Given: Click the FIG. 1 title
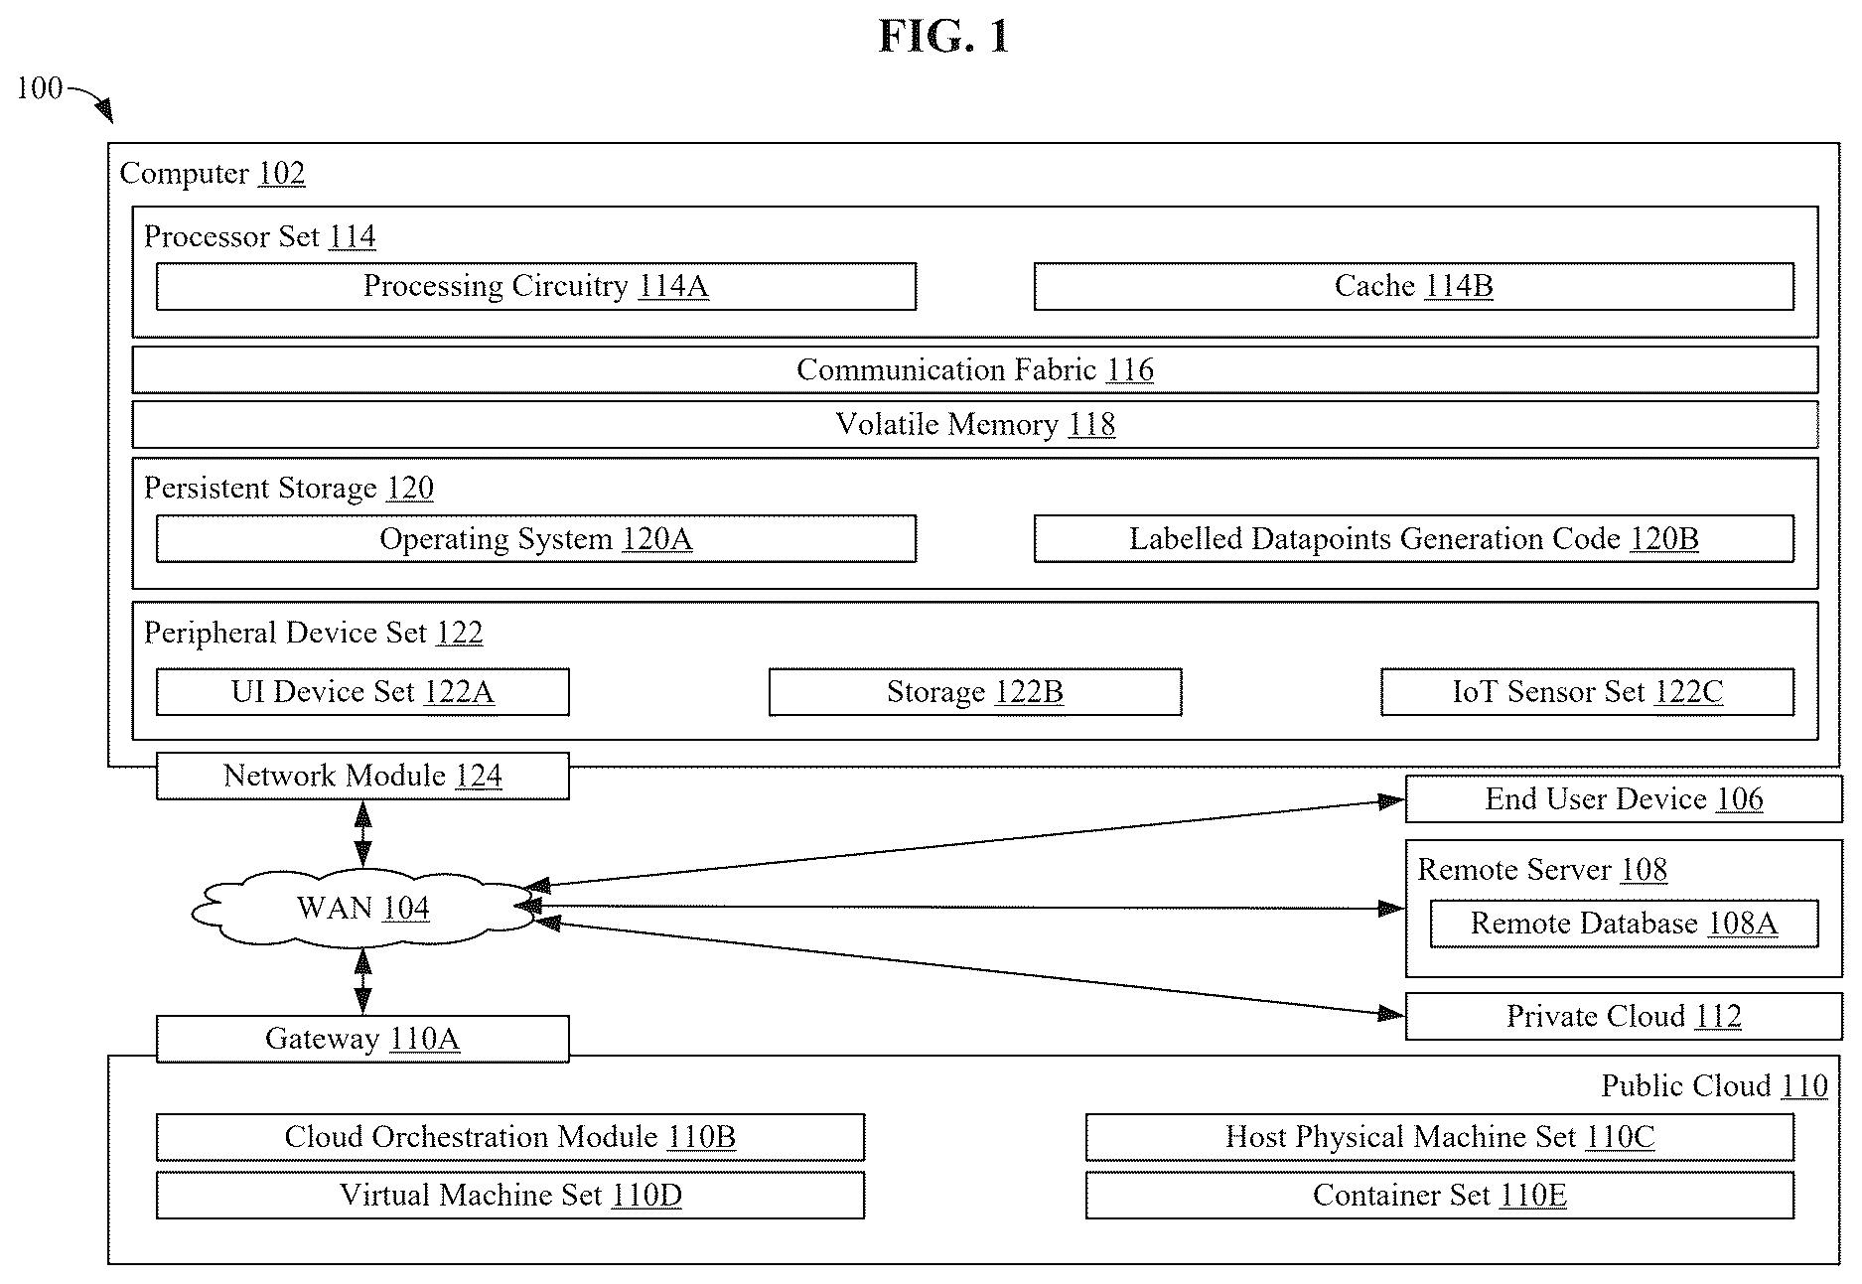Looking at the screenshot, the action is [x=943, y=38].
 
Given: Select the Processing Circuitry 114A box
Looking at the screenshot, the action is [x=536, y=286].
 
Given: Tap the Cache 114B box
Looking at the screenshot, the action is [x=1414, y=286].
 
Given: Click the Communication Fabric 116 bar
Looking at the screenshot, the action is [x=975, y=369].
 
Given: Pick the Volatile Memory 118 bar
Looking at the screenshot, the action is [x=975, y=424].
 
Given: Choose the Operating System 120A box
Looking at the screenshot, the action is [x=536, y=538].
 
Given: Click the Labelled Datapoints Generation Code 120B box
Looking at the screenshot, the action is [x=1414, y=538].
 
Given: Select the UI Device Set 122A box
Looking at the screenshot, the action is [x=362, y=691].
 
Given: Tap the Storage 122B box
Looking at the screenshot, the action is [x=975, y=691].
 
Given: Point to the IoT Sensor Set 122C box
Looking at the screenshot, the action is [x=1588, y=691].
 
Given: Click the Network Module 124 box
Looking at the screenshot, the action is [x=362, y=776].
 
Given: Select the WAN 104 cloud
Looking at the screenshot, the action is [x=362, y=908].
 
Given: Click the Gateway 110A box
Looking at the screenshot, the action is [x=362, y=1039].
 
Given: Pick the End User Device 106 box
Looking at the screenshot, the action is [x=1624, y=799].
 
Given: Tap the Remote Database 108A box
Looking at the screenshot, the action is [x=1624, y=924].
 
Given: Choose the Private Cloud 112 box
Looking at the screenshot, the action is [x=1624, y=1016].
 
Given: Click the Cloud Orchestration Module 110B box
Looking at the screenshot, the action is [x=510, y=1137].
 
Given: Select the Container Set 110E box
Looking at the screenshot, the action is [x=1440, y=1195].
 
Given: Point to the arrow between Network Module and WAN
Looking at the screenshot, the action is [x=363, y=834].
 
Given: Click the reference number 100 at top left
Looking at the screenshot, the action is [x=40, y=88].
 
